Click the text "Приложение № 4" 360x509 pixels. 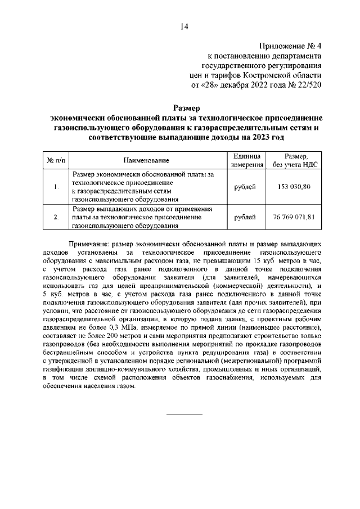pyautogui.click(x=290, y=46)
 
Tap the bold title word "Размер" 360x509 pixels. pyautogui.click(x=186, y=107)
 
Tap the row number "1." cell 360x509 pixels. pyautogui.click(x=55, y=187)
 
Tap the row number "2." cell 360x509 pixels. pyautogui.click(x=55, y=217)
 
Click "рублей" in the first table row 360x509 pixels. pyautogui.click(x=245, y=187)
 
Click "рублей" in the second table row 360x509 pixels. pyautogui.click(x=245, y=217)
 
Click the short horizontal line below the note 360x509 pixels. pyautogui.click(x=184, y=414)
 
